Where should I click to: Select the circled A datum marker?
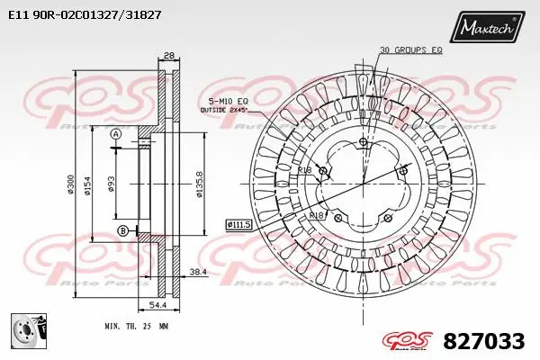point(116,135)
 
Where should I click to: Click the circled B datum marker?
point(122,232)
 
